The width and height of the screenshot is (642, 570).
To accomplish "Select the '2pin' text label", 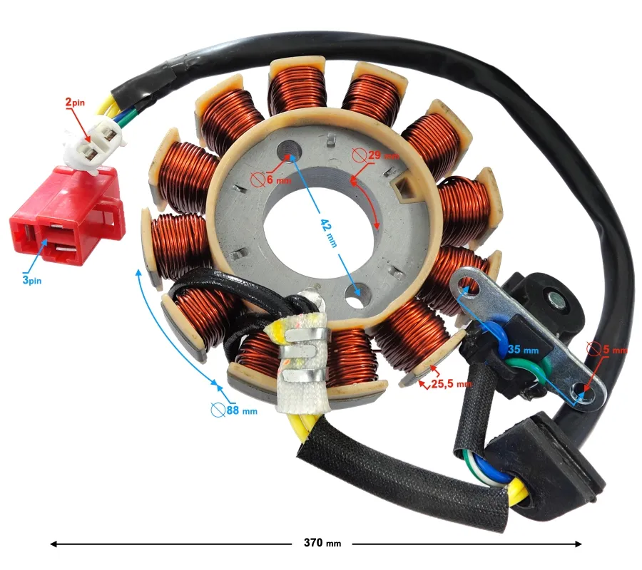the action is click(75, 102).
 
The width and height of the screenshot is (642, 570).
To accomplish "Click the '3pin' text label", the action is click(32, 281).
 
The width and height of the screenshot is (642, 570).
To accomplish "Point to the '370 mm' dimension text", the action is click(322, 543).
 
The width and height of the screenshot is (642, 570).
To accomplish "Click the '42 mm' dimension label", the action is click(329, 233).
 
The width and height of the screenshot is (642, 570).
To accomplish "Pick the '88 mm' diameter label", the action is click(234, 410).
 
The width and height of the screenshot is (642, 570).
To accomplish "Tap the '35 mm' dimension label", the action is click(524, 350).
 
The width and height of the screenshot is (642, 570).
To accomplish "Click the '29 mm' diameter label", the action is click(375, 155).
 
